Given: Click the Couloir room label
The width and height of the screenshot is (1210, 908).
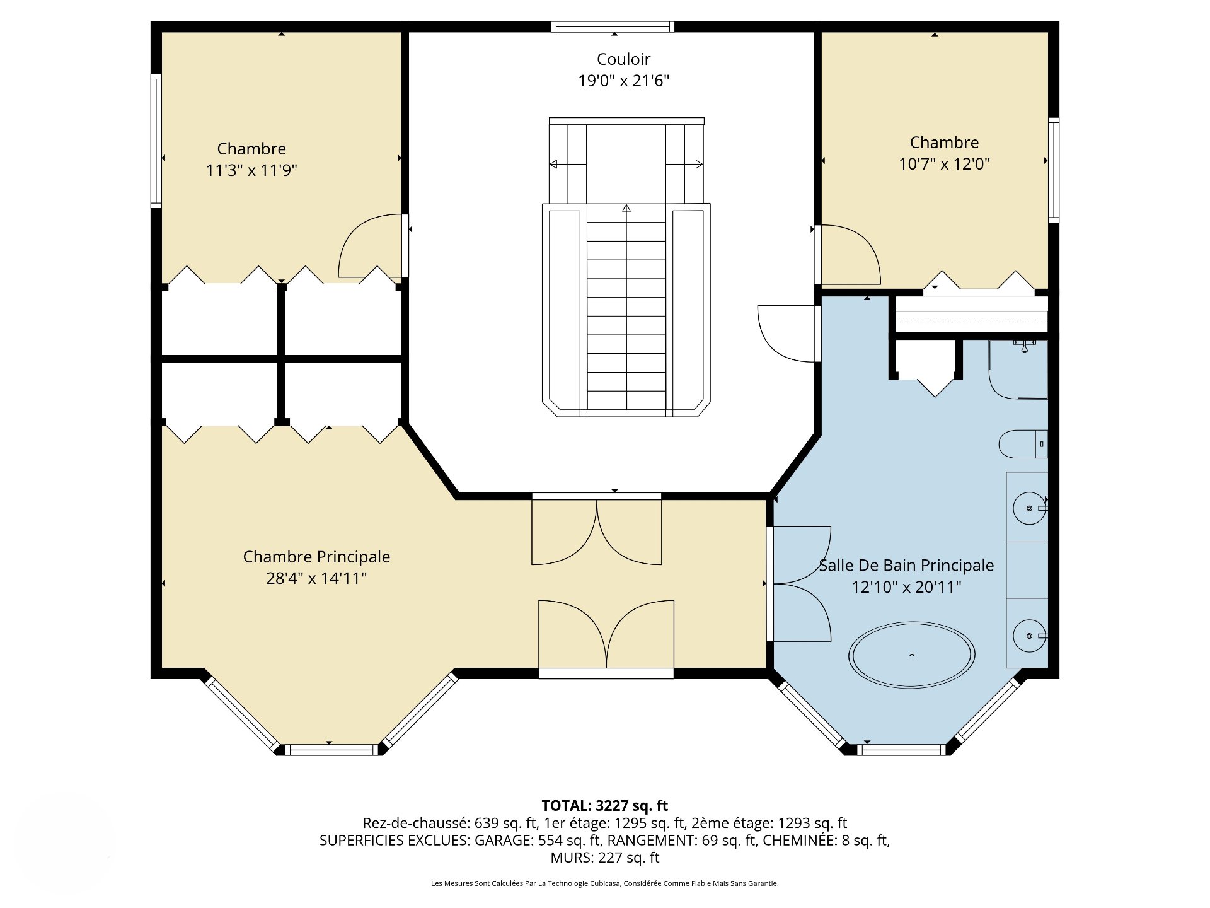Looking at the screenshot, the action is click(x=623, y=59).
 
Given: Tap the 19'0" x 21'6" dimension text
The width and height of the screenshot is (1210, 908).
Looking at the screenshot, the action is click(x=623, y=81).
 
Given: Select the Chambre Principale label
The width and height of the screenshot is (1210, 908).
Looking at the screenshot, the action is click(x=316, y=557).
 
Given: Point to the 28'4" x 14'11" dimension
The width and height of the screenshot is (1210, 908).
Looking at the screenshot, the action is click(x=316, y=578).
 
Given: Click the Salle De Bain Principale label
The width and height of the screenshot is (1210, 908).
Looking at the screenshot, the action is click(x=906, y=566).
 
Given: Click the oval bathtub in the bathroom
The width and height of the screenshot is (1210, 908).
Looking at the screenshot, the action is click(x=911, y=655).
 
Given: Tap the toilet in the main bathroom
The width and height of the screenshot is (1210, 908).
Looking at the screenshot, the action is click(x=1023, y=444).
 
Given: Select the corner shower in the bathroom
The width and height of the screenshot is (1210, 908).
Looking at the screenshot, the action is click(x=1018, y=370).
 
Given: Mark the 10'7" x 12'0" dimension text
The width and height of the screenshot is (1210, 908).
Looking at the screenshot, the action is click(x=944, y=164).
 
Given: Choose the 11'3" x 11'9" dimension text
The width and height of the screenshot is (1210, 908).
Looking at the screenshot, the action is click(x=251, y=170).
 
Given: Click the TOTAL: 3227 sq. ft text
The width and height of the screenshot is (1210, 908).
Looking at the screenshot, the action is click(x=605, y=805).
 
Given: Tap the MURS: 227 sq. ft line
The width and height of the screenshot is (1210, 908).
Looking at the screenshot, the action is click(x=605, y=858).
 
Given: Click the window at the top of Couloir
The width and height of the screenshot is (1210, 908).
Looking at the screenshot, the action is click(x=613, y=26).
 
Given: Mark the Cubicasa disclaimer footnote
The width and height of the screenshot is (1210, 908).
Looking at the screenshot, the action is click(x=605, y=883).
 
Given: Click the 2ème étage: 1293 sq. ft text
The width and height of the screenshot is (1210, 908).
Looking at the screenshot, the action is click(x=769, y=823).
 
